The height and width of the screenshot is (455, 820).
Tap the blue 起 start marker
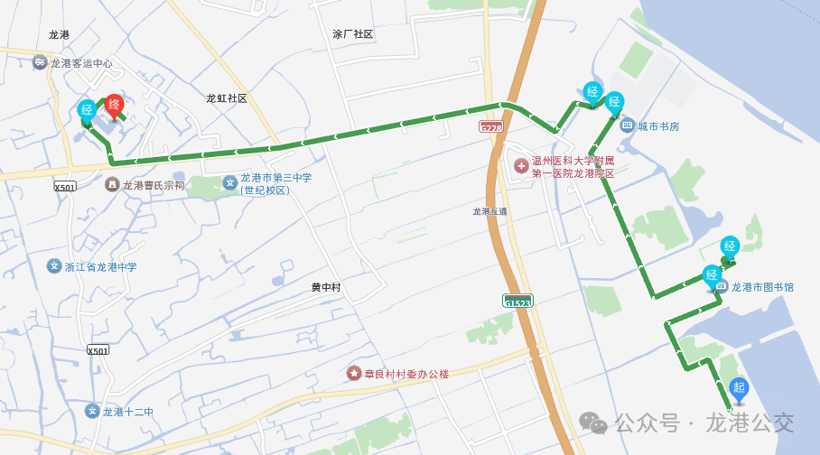739,389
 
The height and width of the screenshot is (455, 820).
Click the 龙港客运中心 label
81,63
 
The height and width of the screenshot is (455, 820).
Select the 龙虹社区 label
226,98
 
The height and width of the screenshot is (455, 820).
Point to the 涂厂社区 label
352,34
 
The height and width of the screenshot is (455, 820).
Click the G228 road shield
491,128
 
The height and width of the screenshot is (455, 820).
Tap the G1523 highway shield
518,302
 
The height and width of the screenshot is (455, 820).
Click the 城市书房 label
658,125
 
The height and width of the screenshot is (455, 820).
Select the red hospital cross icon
520,166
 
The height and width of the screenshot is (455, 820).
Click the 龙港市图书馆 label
762,287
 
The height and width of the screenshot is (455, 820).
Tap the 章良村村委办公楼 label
405,374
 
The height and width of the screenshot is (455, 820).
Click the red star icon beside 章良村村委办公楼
354,373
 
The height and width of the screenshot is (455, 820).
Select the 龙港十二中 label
127,412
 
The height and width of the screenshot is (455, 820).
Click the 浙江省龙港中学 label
100,267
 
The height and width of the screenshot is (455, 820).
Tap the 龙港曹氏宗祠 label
154,185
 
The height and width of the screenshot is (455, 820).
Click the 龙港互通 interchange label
489,212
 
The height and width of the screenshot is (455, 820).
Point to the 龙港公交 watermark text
750,422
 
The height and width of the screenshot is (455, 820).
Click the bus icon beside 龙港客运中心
39,62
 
